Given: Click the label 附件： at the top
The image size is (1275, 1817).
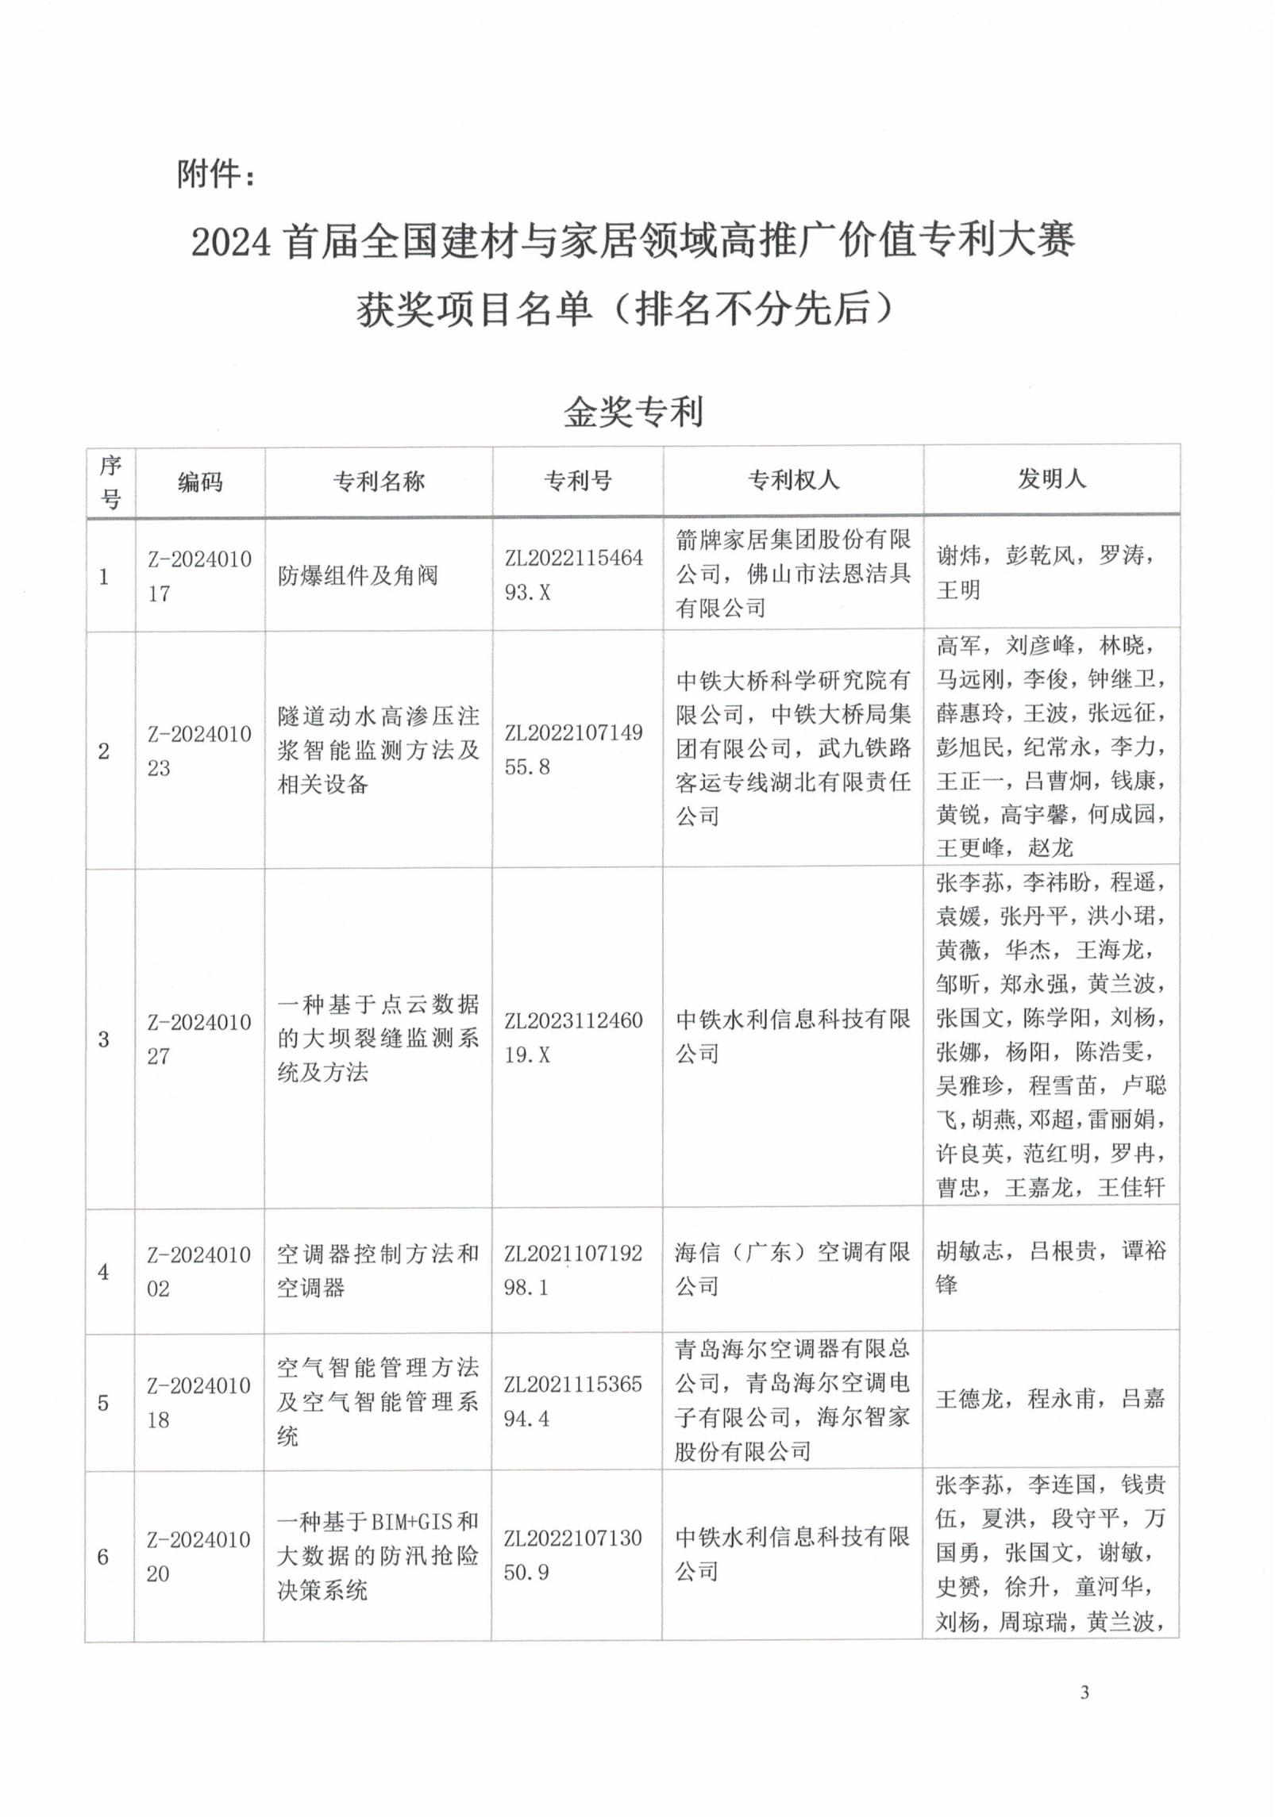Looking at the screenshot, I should pyautogui.click(x=216, y=174).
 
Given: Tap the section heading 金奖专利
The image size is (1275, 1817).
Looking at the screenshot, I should pyautogui.click(x=633, y=412).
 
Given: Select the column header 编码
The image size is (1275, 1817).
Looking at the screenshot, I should pyautogui.click(x=199, y=482).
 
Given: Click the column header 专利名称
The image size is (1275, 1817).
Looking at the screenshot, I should pyautogui.click(x=379, y=481).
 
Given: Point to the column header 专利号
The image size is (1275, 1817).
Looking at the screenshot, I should pyautogui.click(x=577, y=480).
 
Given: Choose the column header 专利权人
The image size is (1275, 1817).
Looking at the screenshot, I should pyautogui.click(x=792, y=479).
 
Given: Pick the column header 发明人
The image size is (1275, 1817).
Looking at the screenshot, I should pyautogui.click(x=1051, y=478).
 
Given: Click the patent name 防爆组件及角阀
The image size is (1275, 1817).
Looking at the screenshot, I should pyautogui.click(x=357, y=575).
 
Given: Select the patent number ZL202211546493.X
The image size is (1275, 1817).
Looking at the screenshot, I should pyautogui.click(x=573, y=574).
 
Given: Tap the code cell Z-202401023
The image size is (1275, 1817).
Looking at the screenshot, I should pyautogui.click(x=198, y=751).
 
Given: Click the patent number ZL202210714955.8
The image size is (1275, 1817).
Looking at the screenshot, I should pyautogui.click(x=573, y=749).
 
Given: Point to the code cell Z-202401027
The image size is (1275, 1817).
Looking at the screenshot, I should pyautogui.click(x=198, y=1039).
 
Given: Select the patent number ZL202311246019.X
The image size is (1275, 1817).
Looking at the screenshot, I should pyautogui.click(x=573, y=1037).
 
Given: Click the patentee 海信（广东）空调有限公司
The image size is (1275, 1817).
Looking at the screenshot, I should pyautogui.click(x=792, y=1269).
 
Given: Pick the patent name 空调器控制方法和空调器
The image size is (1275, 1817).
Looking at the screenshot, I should pyautogui.click(x=378, y=1270).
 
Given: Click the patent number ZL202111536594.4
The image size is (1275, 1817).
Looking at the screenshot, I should pyautogui.click(x=572, y=1401).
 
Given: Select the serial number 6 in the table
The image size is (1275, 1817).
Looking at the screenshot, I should pyautogui.click(x=103, y=1557).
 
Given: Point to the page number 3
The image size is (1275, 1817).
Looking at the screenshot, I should pyautogui.click(x=1084, y=1693).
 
